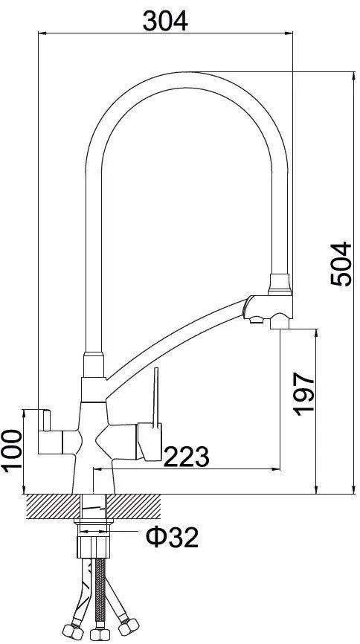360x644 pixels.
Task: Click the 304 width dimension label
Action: coord(165,21)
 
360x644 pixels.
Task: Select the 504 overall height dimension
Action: coord(341,264)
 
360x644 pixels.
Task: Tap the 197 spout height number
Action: coord(303,394)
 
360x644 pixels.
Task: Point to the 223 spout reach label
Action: coord(186,456)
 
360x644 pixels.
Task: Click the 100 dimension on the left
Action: coord(11,451)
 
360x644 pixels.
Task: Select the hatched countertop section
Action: coord(93,506)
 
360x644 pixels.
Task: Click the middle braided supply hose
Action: coord(98,591)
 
